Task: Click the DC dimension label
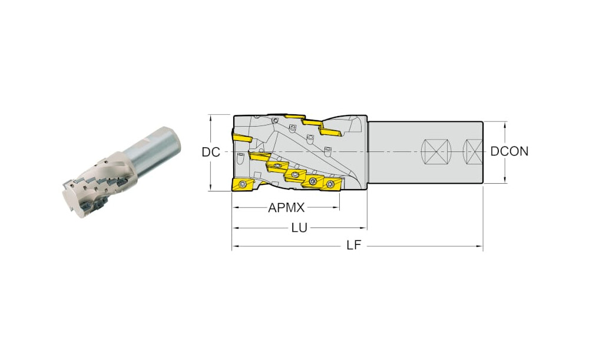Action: pyautogui.click(x=211, y=152)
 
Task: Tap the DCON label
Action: pyautogui.click(x=509, y=151)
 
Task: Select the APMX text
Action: pyautogui.click(x=286, y=207)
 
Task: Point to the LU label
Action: pyautogui.click(x=299, y=227)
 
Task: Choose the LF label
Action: pyautogui.click(x=353, y=245)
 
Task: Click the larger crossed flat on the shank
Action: pyautogui.click(x=436, y=152)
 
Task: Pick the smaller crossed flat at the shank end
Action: pyautogui.click(x=474, y=152)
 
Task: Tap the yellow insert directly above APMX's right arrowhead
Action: pyautogui.click(x=331, y=184)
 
